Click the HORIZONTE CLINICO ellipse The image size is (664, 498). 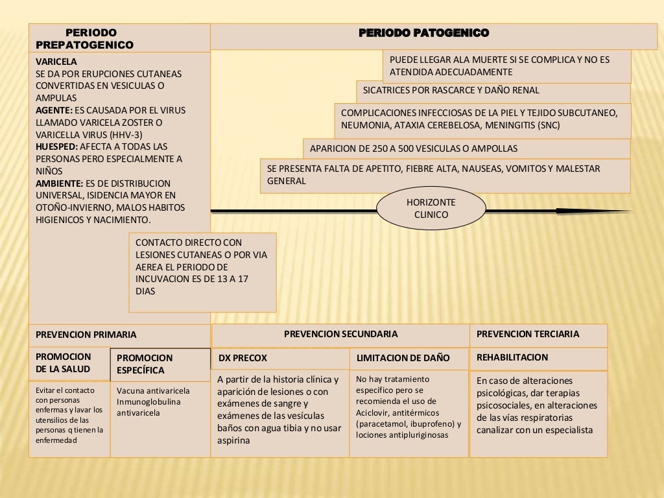point(431,209)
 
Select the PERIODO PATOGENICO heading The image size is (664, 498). point(423,33)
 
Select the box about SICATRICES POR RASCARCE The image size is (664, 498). point(493,91)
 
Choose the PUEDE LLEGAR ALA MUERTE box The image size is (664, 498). point(506,66)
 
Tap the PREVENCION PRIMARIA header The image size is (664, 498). point(86,335)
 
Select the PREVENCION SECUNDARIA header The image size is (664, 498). point(340,334)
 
